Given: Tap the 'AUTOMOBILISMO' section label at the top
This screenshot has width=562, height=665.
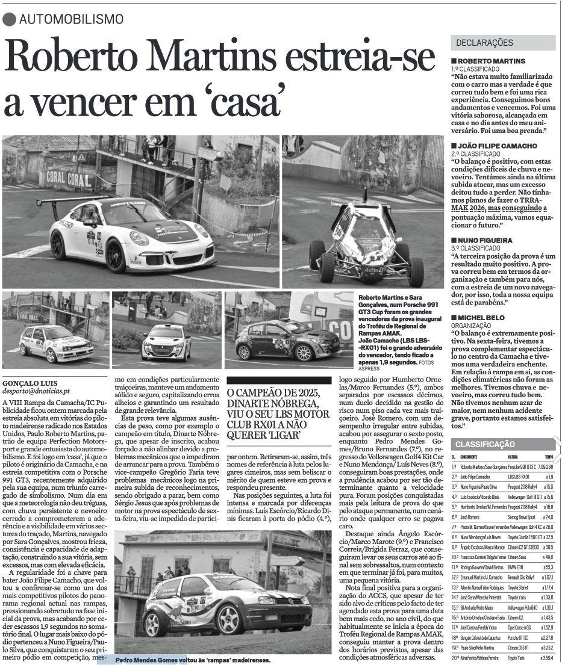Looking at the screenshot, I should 71,19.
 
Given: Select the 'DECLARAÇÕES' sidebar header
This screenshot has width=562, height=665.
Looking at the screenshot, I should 485,43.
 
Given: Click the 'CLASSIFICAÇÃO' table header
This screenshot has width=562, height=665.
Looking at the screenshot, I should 485,444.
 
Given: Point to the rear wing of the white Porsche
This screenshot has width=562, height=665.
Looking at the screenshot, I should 72,200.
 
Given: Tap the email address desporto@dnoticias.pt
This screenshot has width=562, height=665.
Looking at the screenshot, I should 36,391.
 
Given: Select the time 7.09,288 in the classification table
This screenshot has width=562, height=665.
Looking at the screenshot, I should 544,467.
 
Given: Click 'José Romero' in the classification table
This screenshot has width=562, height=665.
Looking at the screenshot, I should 473,517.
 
